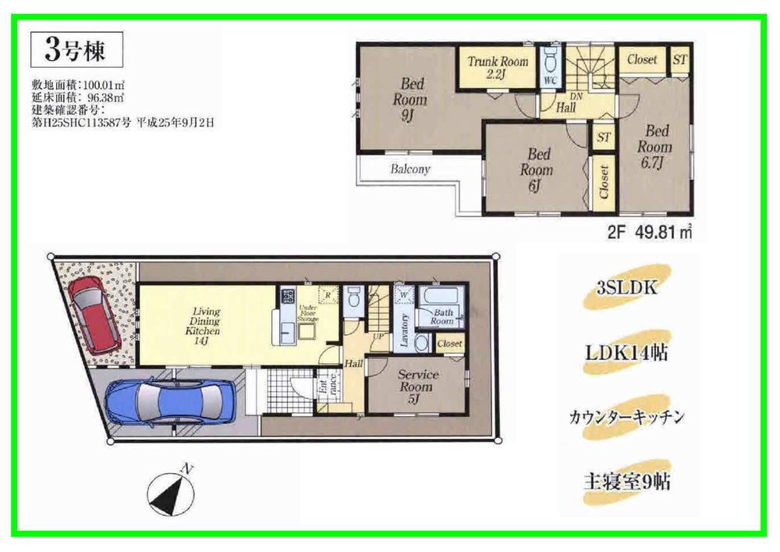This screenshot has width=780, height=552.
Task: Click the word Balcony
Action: click(x=409, y=169)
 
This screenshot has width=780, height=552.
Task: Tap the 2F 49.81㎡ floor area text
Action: click(x=651, y=233)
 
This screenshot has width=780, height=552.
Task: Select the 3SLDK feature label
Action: click(x=627, y=289)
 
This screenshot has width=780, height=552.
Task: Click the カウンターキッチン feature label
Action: click(x=627, y=417)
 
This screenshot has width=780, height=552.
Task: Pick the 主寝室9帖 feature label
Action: click(x=627, y=481)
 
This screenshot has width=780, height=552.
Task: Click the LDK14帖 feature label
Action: click(x=627, y=353)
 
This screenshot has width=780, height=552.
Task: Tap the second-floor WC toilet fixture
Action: click(x=550, y=59)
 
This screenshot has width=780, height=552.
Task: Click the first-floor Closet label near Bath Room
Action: click(x=449, y=344)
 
